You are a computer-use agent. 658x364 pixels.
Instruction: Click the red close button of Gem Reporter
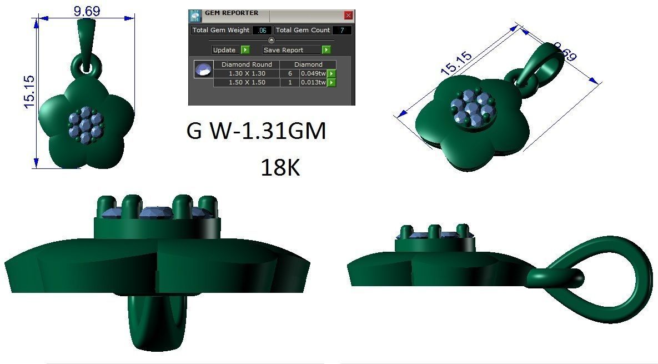click(348, 16)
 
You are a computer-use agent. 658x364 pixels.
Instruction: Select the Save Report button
click(292, 50)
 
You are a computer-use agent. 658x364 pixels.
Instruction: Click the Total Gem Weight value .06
click(262, 30)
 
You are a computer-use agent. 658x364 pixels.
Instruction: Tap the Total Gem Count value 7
click(341, 30)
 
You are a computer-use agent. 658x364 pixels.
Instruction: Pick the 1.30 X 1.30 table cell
click(247, 73)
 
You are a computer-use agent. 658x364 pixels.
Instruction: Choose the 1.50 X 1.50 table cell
click(247, 82)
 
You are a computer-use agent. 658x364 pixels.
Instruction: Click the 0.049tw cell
click(313, 73)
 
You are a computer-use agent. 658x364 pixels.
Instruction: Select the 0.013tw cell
click(313, 82)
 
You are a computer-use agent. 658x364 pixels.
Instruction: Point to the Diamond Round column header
click(247, 64)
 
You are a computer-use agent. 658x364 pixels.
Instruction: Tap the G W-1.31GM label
click(256, 132)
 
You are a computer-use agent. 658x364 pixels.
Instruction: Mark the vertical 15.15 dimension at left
click(29, 91)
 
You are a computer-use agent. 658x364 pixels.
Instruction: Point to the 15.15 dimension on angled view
click(456, 63)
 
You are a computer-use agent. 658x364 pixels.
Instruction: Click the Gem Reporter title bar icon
click(194, 16)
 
